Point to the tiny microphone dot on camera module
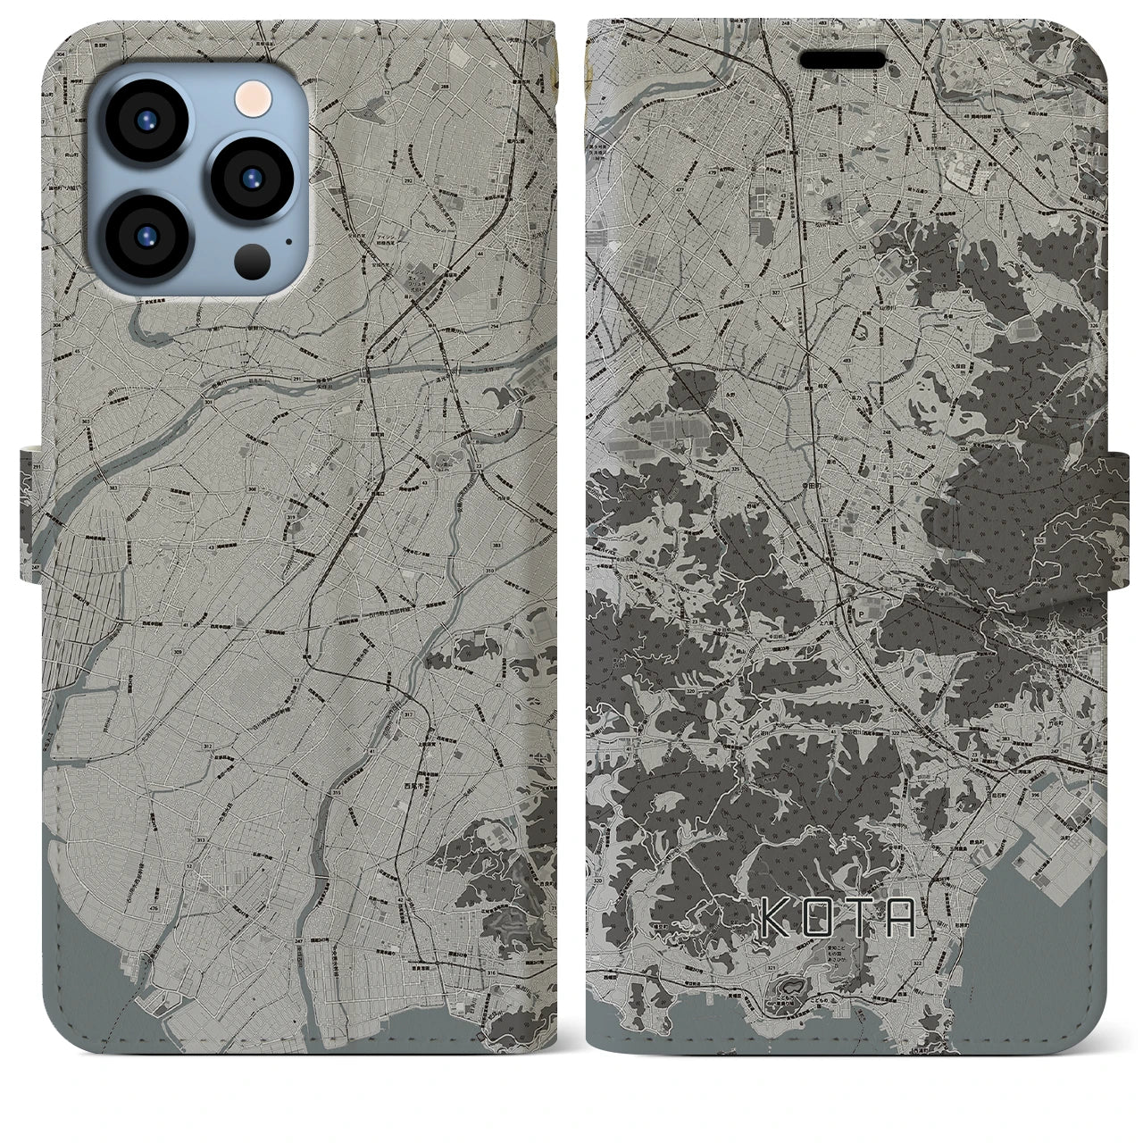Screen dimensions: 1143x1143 288,240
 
